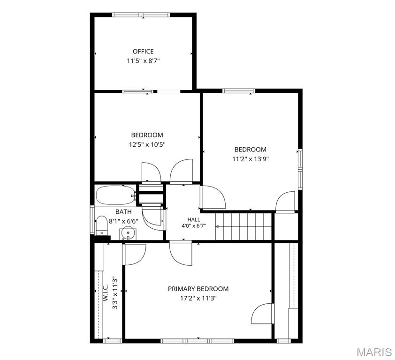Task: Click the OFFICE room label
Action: (x=143, y=52)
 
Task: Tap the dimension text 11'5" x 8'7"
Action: (x=144, y=61)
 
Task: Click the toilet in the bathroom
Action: (x=101, y=225)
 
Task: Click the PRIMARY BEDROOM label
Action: (x=198, y=289)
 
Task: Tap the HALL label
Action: (x=194, y=219)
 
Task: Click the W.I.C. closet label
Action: (x=105, y=292)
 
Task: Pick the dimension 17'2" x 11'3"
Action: (x=198, y=299)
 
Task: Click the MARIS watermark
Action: (x=374, y=352)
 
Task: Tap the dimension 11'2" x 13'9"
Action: (x=251, y=159)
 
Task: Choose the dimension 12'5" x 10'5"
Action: (x=147, y=145)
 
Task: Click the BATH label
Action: (x=123, y=212)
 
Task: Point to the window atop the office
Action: (x=141, y=15)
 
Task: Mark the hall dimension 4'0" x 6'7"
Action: (x=194, y=226)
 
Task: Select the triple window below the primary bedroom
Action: (x=197, y=341)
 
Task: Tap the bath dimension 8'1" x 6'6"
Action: (x=123, y=222)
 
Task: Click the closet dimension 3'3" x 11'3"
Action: (x=115, y=293)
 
